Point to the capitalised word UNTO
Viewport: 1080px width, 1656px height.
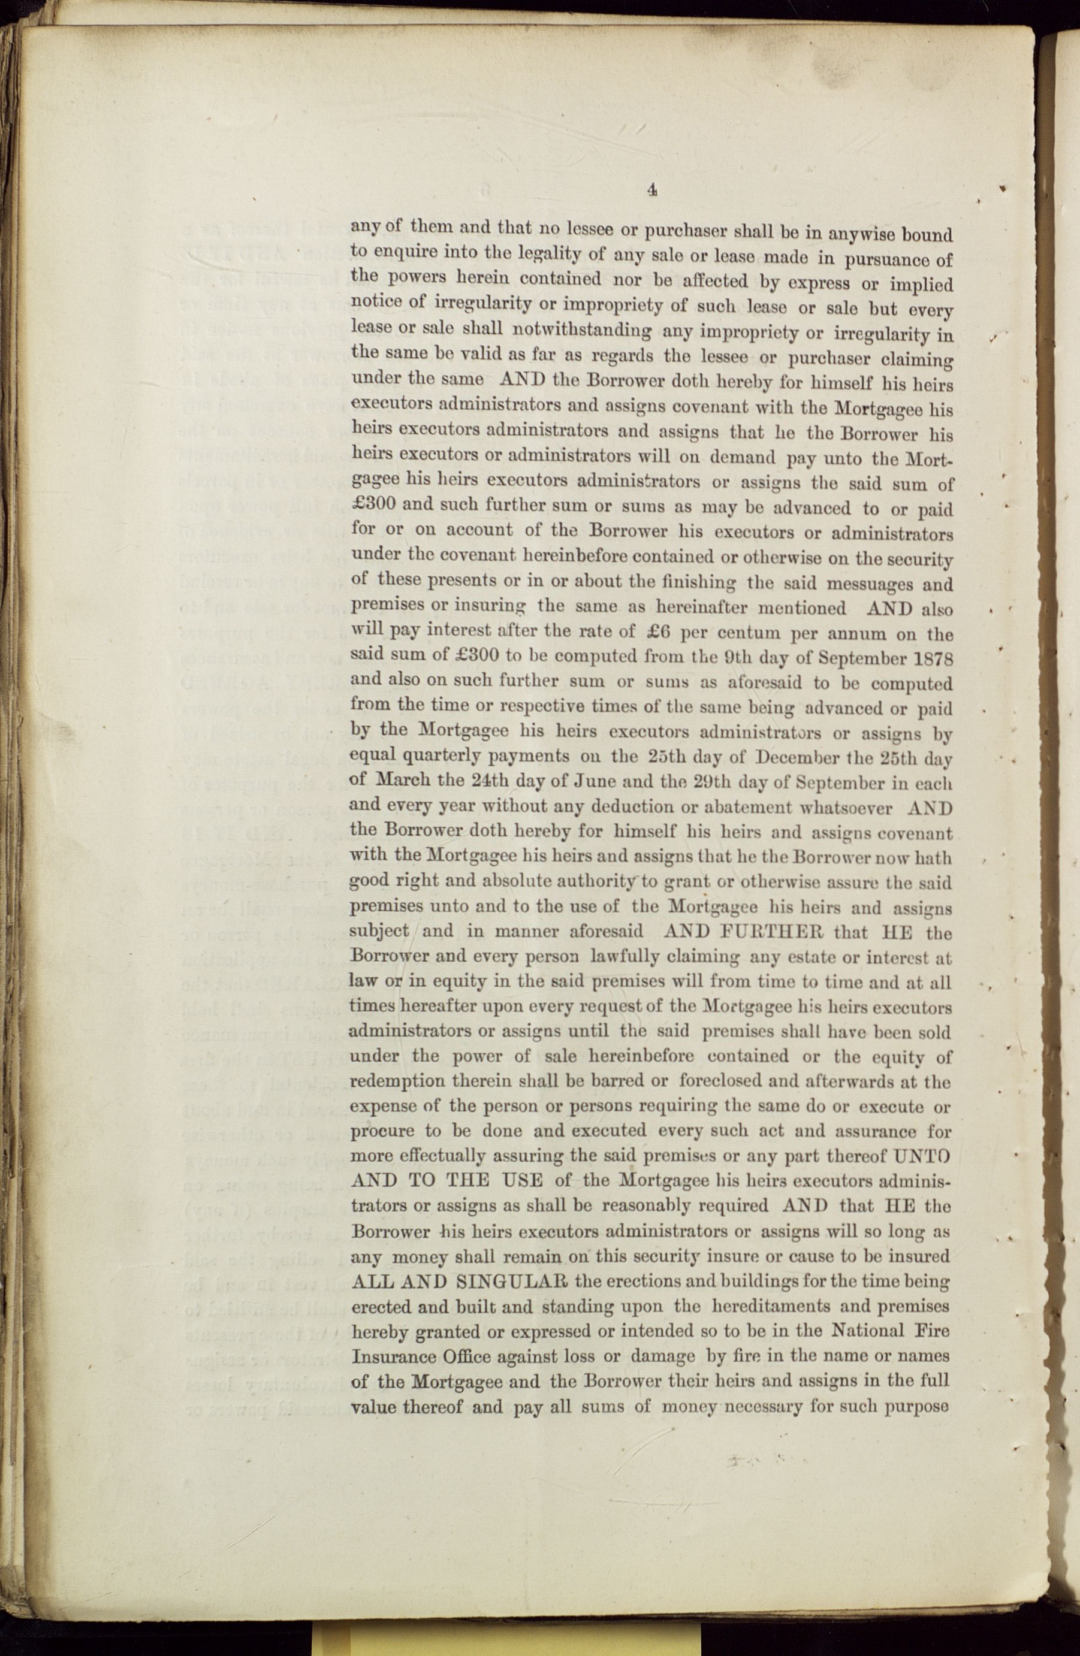pyautogui.click(x=921, y=1156)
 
